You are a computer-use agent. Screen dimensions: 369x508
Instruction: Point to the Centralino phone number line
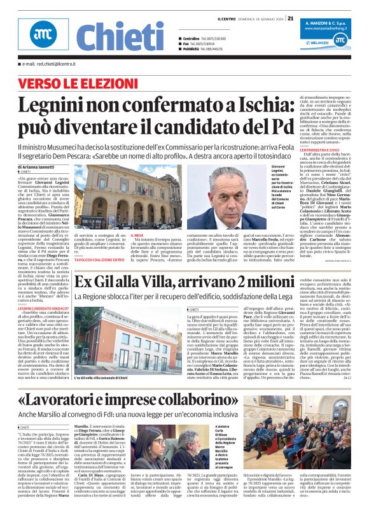[x=203, y=39]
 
